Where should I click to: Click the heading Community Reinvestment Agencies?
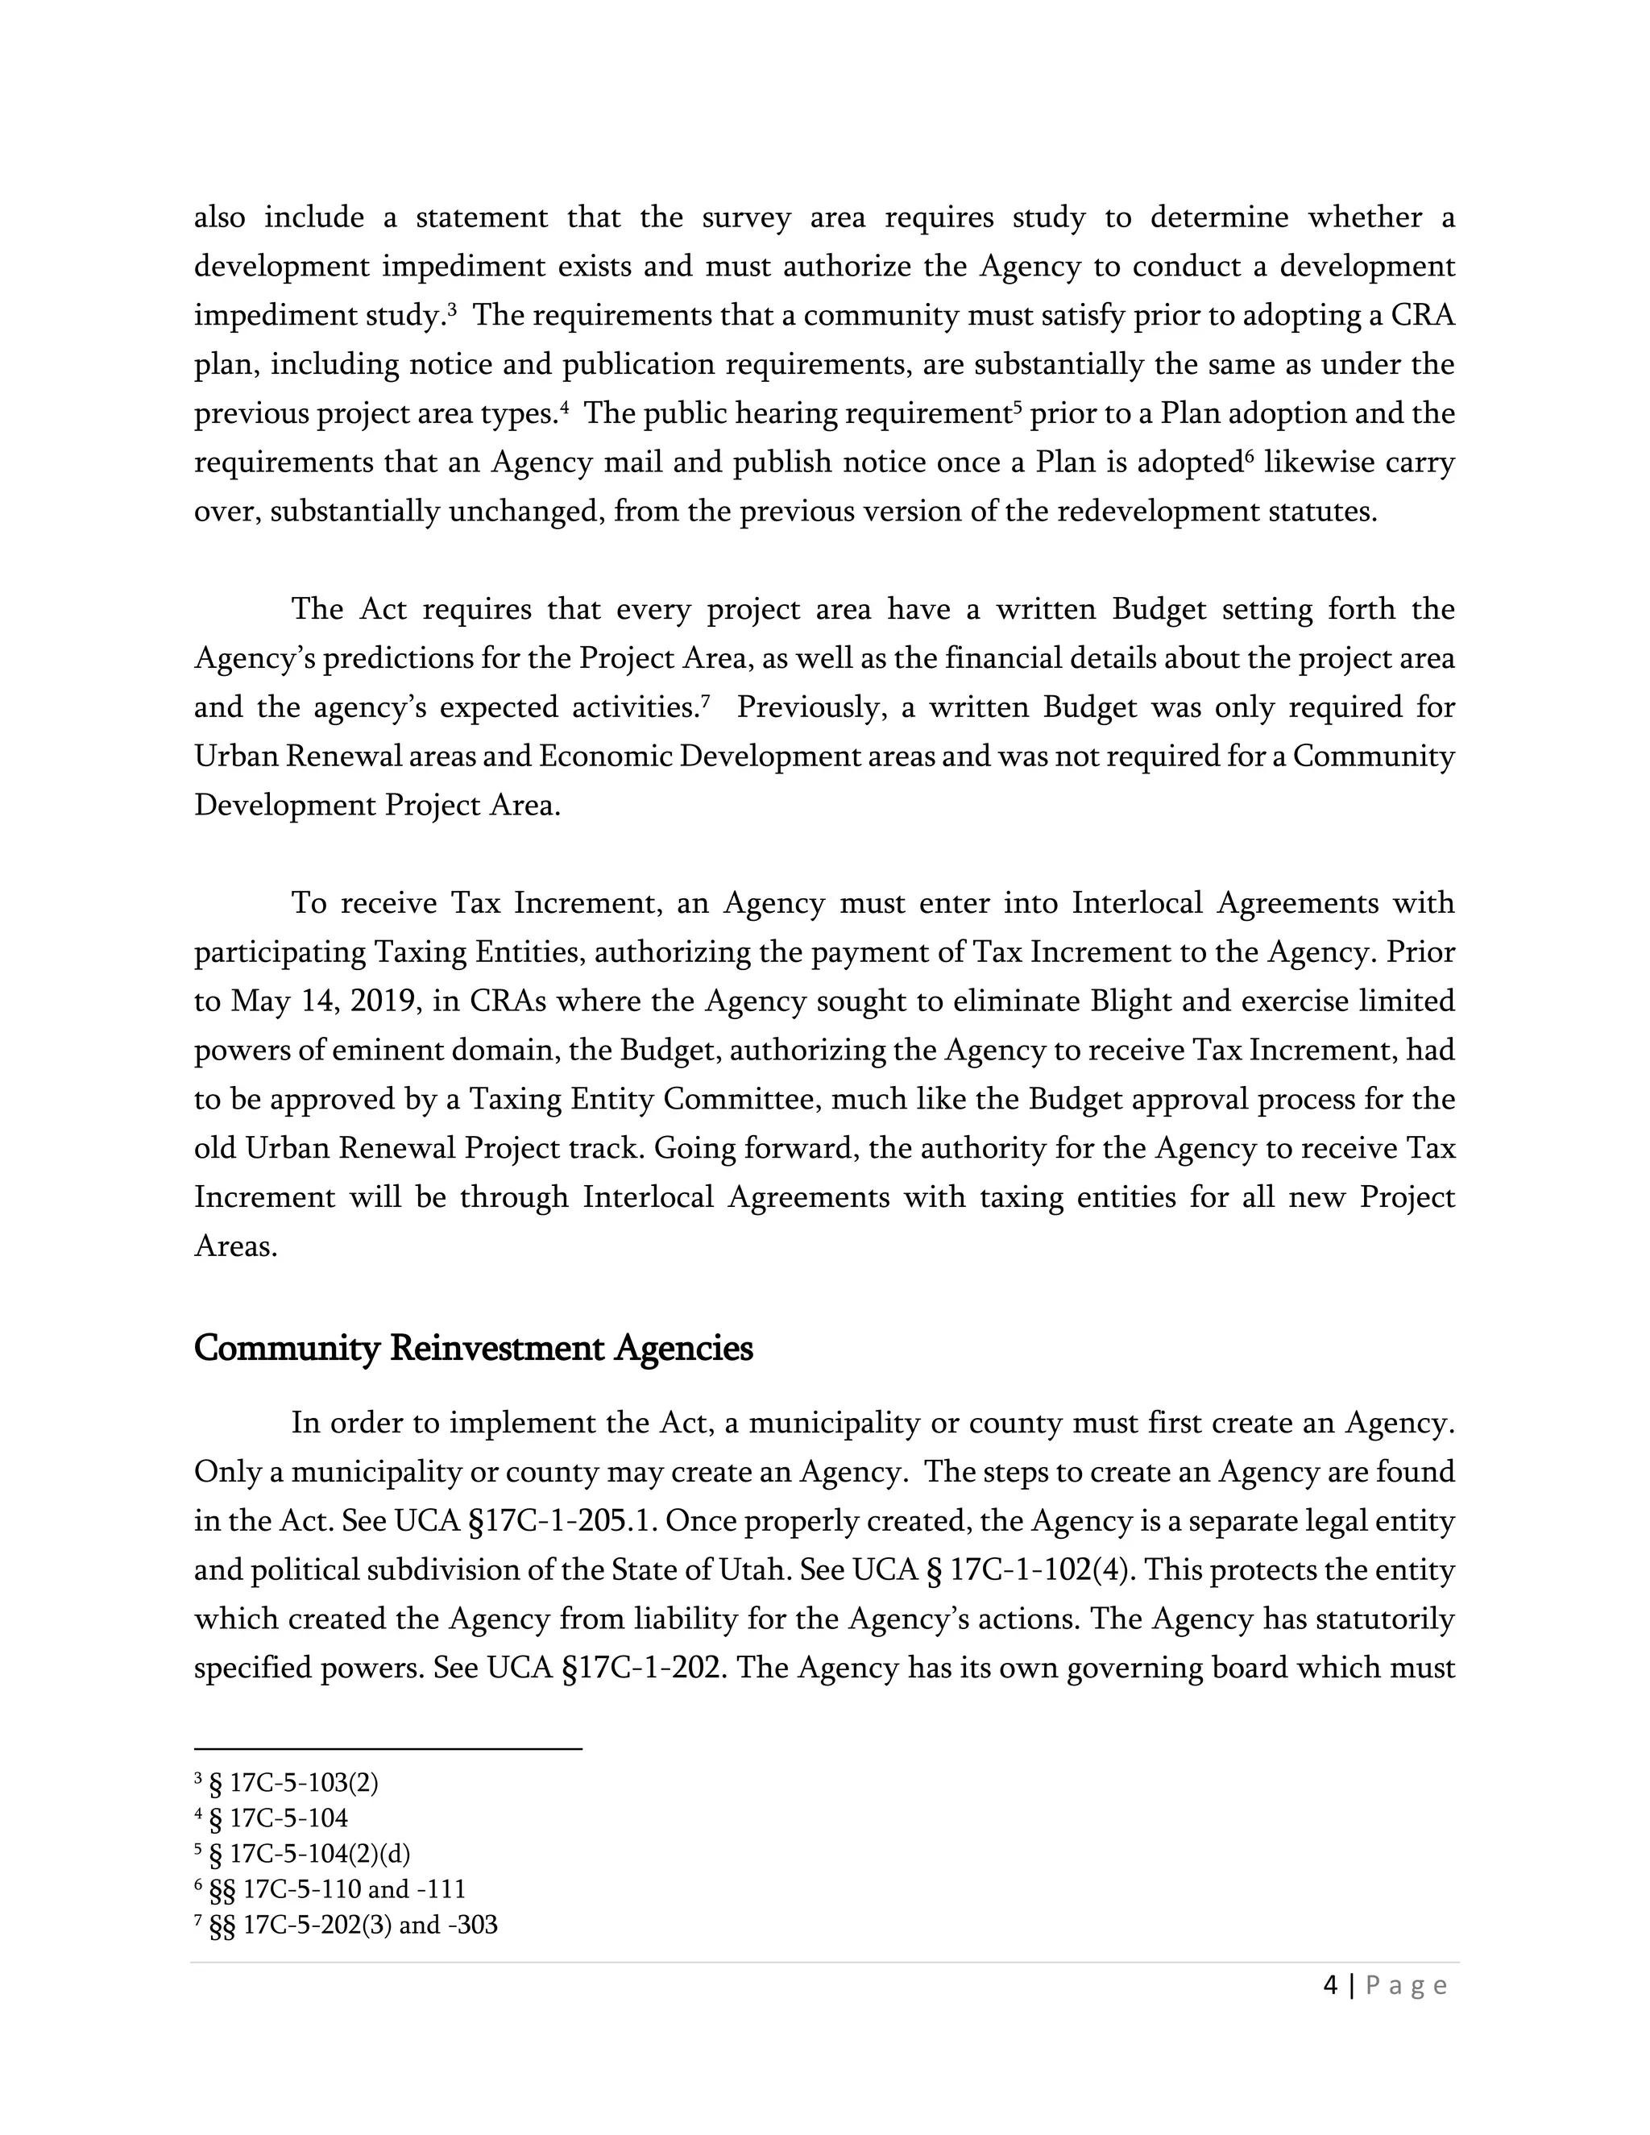pyautogui.click(x=473, y=1348)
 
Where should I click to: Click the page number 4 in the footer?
pyautogui.click(x=1330, y=1985)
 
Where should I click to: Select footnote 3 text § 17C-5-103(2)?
pyautogui.click(x=294, y=1783)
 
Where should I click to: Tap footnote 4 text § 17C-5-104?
pyautogui.click(x=279, y=1818)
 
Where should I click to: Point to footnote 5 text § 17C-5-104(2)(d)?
pyautogui.click(x=310, y=1854)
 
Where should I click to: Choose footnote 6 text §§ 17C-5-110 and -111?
pyautogui.click(x=338, y=1888)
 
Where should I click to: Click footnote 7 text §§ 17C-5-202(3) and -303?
pyautogui.click(x=353, y=1925)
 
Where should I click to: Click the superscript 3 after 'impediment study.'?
pyautogui.click(x=453, y=309)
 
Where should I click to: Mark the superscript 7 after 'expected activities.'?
pyautogui.click(x=705, y=700)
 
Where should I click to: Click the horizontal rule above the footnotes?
pyautogui.click(x=388, y=1749)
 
